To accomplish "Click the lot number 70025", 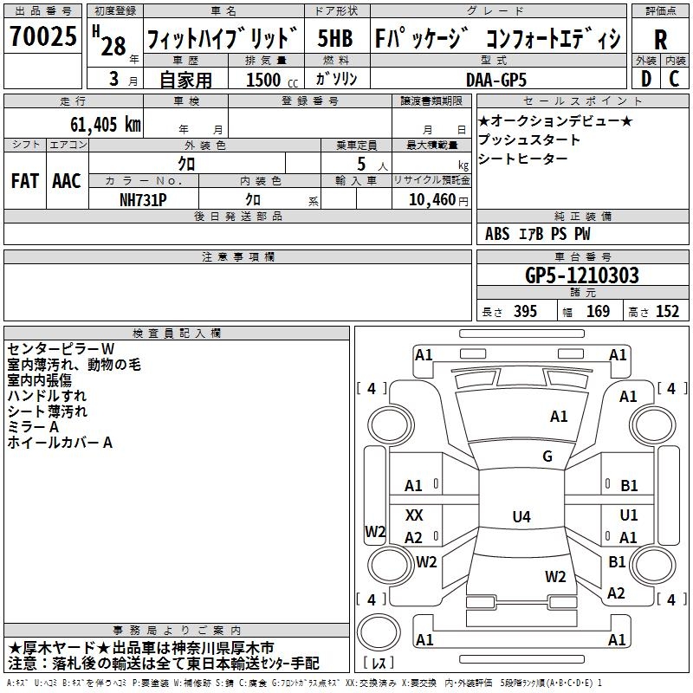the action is click(42, 37).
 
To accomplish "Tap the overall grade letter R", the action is click(660, 39).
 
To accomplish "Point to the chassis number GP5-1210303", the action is click(582, 276).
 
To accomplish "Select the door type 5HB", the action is click(334, 39).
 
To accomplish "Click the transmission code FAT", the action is click(24, 181).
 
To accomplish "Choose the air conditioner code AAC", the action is click(66, 181).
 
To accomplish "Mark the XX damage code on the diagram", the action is click(414, 515).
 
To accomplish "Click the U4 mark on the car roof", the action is click(521, 517).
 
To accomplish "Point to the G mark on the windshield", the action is click(547, 457).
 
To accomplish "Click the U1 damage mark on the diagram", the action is click(629, 515).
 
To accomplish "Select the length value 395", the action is click(524, 312).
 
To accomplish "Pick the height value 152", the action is click(667, 312).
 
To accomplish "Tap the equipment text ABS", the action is click(497, 234).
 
